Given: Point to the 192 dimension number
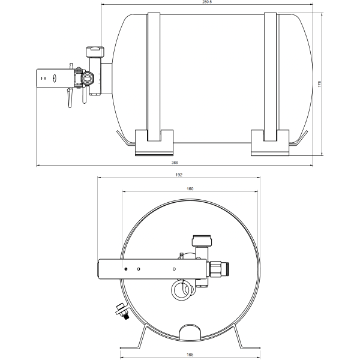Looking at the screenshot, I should [178, 175].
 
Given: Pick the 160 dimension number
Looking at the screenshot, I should [190, 188].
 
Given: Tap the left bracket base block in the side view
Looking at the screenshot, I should [155, 143].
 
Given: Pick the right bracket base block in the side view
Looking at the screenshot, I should [271, 143].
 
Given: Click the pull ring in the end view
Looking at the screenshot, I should [182, 290].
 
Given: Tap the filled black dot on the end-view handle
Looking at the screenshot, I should [125, 268].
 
